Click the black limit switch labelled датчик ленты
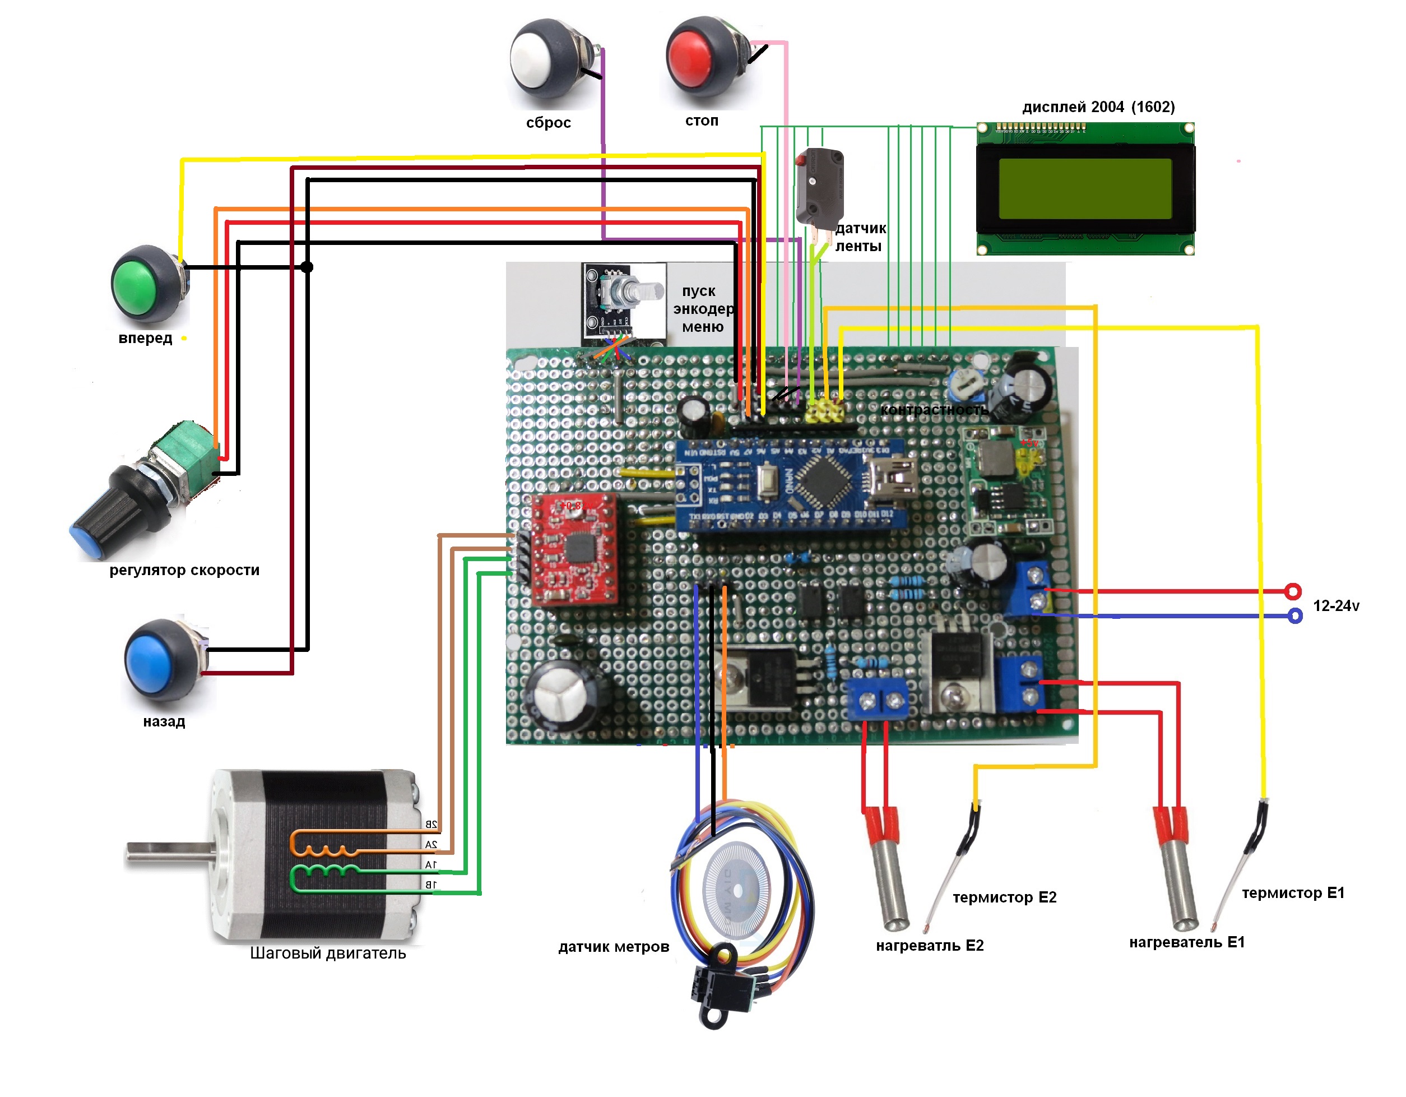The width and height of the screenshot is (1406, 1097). pyautogui.click(x=819, y=187)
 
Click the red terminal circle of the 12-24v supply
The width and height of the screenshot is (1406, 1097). pyautogui.click(x=1293, y=591)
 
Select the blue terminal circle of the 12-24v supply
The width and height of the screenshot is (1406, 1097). pyautogui.click(x=1294, y=616)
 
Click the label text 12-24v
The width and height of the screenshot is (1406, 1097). pyautogui.click(x=1336, y=606)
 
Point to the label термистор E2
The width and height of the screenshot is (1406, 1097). pyautogui.click(x=1004, y=897)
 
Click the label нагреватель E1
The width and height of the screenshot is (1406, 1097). pyautogui.click(x=1186, y=942)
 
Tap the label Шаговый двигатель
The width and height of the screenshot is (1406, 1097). pyautogui.click(x=328, y=953)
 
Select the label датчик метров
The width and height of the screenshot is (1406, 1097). pyautogui.click(x=614, y=947)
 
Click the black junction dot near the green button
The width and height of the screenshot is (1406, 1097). pyautogui.click(x=307, y=266)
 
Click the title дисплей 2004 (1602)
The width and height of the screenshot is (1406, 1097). pyautogui.click(x=1098, y=107)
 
